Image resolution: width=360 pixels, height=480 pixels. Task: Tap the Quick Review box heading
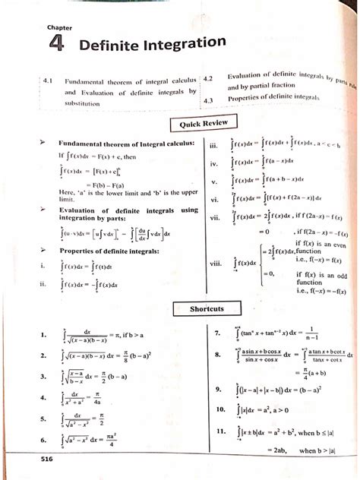pyautogui.click(x=198, y=123)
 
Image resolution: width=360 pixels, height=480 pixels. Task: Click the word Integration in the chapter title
pyautogui.click(x=182, y=44)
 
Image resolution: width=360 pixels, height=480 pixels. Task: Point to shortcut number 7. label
pyautogui.click(x=218, y=332)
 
